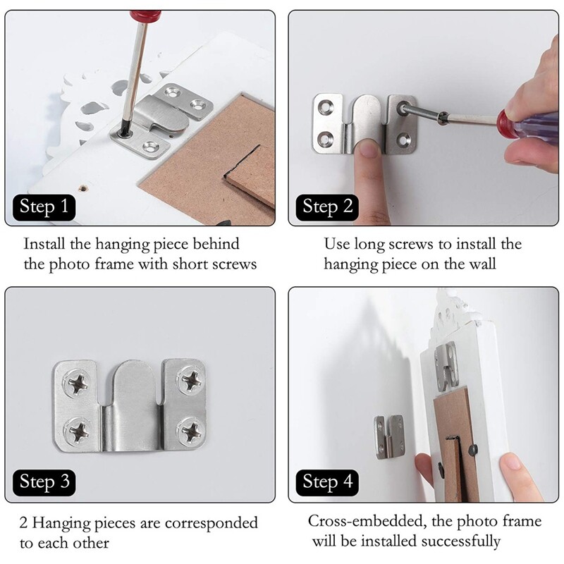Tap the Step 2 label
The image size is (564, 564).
[x=327, y=207]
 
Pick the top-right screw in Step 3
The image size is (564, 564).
[x=190, y=383]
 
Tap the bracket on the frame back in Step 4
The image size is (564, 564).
[x=446, y=365]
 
